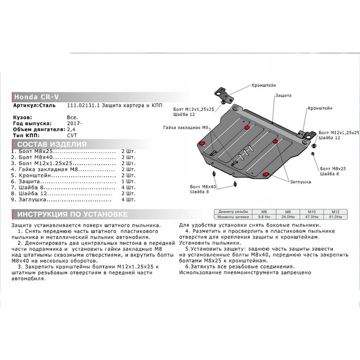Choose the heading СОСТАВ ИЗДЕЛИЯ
(51, 145)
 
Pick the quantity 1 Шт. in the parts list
(127, 181)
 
